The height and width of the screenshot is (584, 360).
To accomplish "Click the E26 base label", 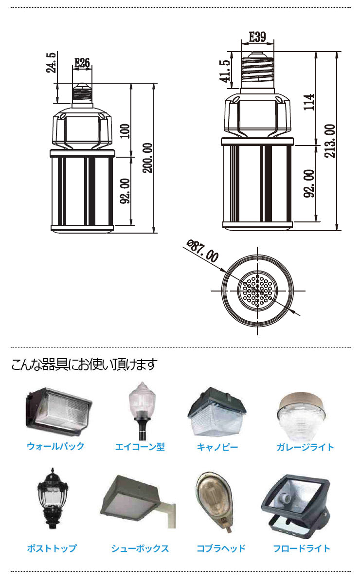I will pos(82,62).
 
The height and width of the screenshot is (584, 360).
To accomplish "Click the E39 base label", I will pos(257,37).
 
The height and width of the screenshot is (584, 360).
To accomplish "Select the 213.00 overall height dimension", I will pos(330,141).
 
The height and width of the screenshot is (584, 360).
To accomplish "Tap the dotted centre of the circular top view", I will pos(257,291).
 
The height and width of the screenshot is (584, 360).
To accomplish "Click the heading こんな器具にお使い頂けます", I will pos(84,364).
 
